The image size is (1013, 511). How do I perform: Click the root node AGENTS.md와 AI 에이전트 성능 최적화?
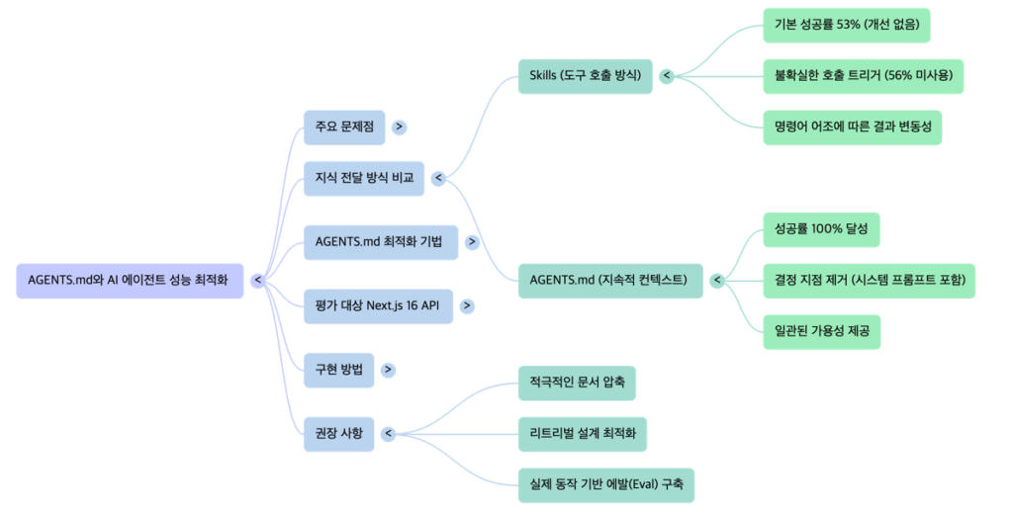[x=130, y=281]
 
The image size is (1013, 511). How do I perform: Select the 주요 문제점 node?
[x=344, y=127]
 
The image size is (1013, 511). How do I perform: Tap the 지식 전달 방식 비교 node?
[x=363, y=179]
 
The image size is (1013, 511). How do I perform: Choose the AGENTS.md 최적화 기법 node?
[x=381, y=242]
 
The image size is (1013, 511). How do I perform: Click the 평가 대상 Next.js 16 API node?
[x=377, y=305]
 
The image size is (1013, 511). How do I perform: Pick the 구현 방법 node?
[x=338, y=370]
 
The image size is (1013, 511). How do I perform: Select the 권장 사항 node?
[x=338, y=433]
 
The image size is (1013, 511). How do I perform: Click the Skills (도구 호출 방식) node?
[x=585, y=75]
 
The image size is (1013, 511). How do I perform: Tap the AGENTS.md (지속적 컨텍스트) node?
[x=608, y=280]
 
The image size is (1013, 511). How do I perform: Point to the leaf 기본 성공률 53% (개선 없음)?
[x=847, y=24]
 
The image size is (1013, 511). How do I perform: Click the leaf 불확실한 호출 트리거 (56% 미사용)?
[x=863, y=75]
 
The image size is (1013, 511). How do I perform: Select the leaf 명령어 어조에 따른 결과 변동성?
[x=853, y=127]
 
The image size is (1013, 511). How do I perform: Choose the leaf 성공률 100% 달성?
[x=821, y=229]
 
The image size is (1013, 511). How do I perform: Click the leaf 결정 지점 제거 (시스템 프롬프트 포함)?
[x=870, y=280]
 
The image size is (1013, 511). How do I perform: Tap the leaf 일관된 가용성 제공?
[x=821, y=331]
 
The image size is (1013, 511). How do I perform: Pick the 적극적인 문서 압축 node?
[x=577, y=383]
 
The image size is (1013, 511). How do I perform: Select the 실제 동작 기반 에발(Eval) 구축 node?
[x=606, y=484]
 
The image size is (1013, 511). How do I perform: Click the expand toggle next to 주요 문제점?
[x=399, y=127]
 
